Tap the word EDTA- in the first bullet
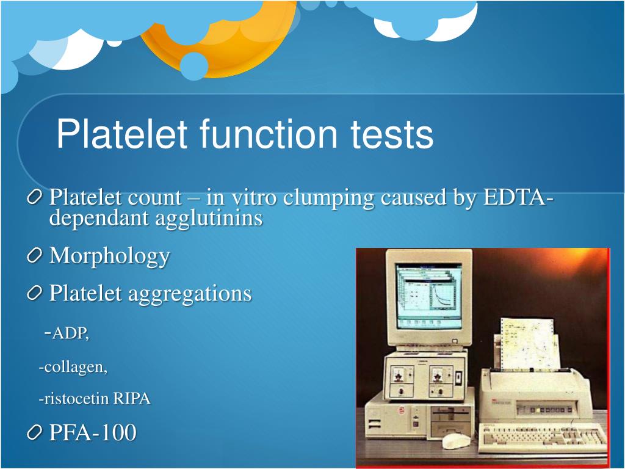click(x=519, y=198)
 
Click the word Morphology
click(x=109, y=256)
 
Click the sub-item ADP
click(x=70, y=333)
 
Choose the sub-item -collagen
click(x=73, y=367)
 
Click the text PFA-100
click(x=92, y=433)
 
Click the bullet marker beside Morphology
click(x=36, y=256)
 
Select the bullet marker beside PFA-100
click(x=36, y=434)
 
